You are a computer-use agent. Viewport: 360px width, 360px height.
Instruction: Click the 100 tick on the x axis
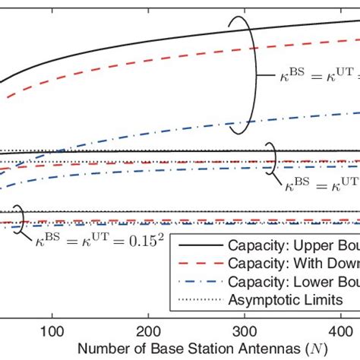pyautogui.click(x=52, y=332)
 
